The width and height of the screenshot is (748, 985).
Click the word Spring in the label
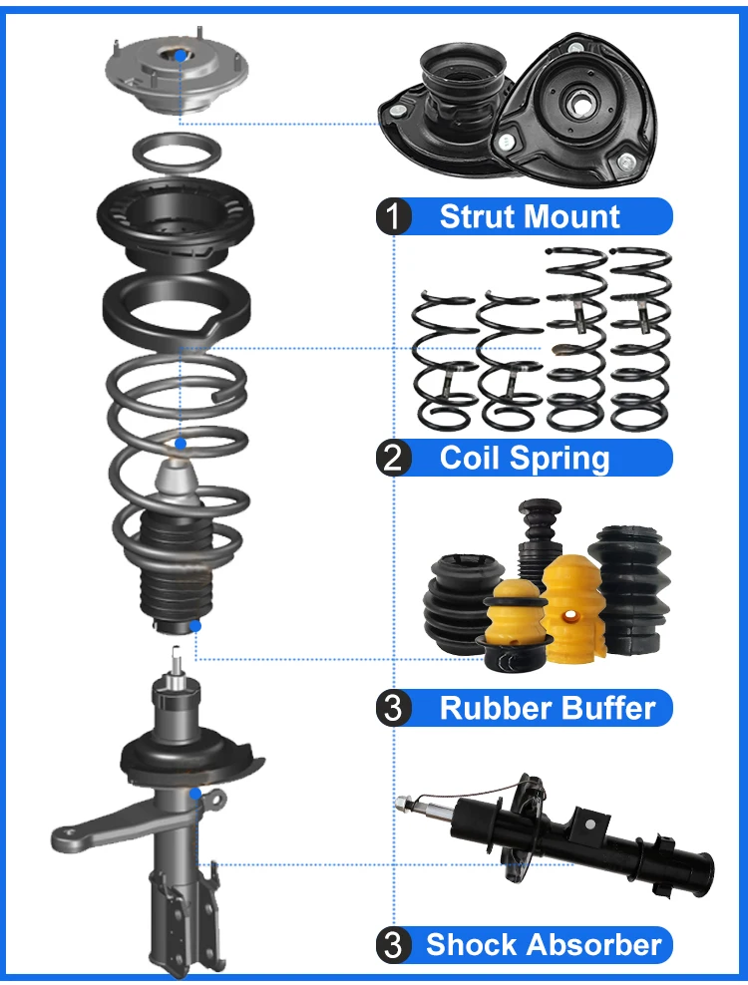pos(566,459)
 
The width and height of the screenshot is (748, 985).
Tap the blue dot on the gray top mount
pos(179,57)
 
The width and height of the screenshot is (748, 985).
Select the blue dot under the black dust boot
pos(195,626)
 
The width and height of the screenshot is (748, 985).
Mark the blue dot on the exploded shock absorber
pos(196,795)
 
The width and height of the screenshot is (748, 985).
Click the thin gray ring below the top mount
pos(178,155)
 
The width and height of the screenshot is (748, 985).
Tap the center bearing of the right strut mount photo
pos(579,102)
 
